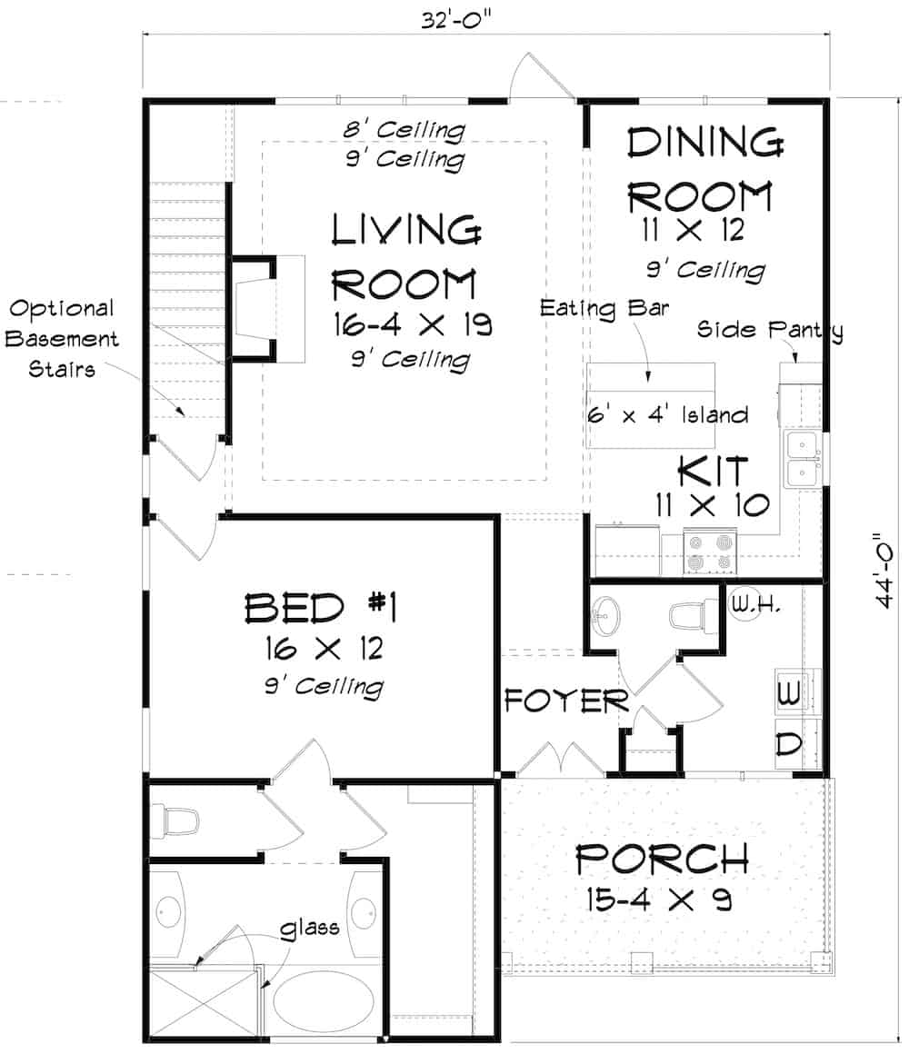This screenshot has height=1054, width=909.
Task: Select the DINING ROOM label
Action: coord(704,170)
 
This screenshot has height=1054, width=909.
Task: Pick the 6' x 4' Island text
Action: coord(668,415)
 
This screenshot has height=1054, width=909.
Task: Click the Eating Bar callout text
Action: coord(604,308)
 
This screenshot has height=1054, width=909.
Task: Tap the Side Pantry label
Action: coord(769,329)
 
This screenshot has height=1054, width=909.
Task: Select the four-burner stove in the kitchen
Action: coord(709,552)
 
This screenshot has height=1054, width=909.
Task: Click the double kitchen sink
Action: coord(802,460)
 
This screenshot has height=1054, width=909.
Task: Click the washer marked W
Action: coord(788,693)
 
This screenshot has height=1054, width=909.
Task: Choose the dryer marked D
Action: coord(788,743)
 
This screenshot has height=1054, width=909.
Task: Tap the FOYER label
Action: coord(566,701)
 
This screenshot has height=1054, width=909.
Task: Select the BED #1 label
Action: coord(323,608)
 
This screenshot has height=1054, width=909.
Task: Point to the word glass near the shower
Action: coord(310,927)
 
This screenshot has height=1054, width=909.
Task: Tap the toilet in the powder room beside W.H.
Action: coord(687,616)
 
